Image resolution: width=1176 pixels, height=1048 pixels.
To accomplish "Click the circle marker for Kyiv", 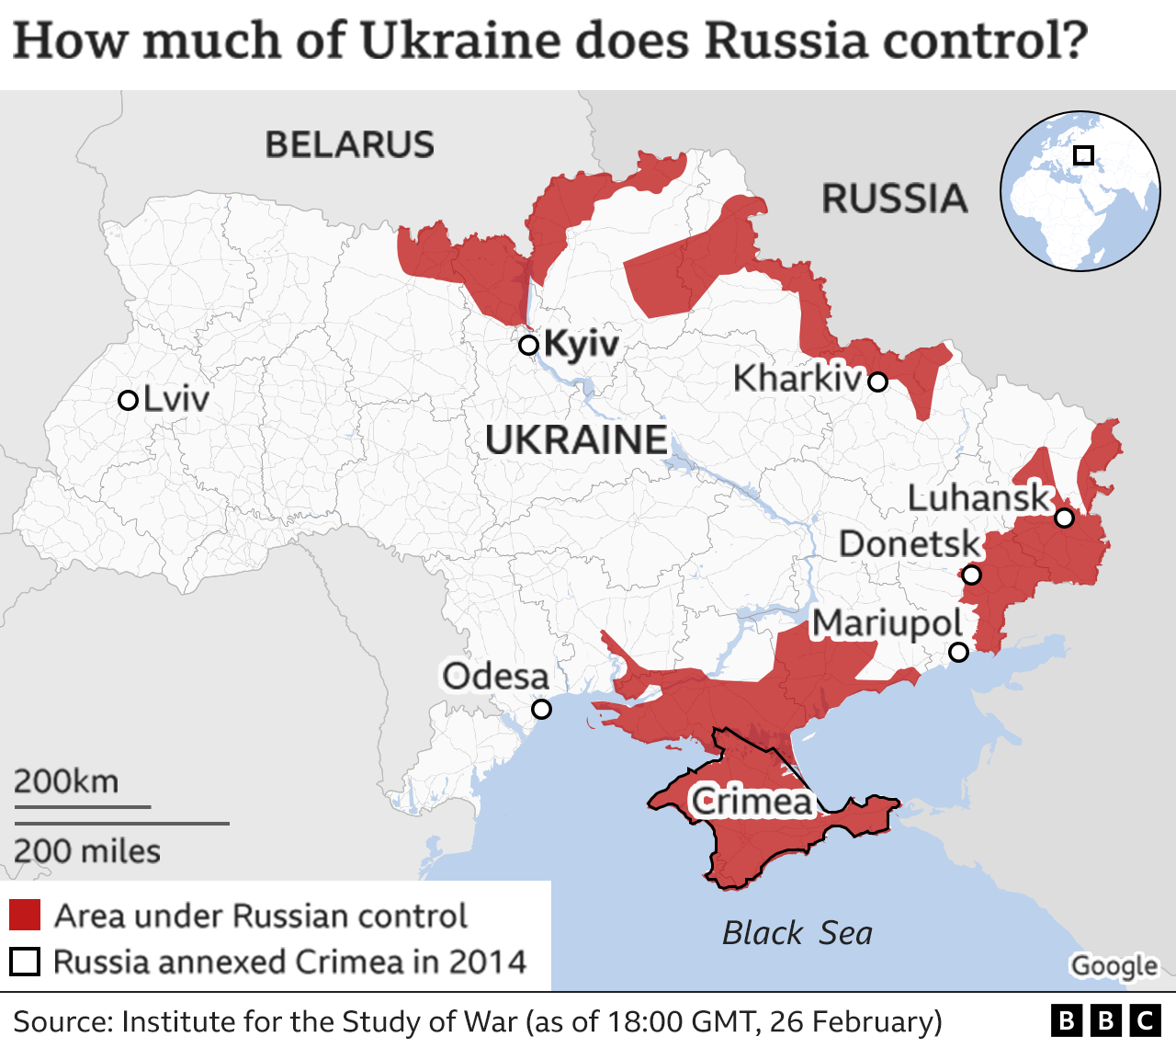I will tap(528, 346).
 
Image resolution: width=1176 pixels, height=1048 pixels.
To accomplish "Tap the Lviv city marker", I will tap(129, 401).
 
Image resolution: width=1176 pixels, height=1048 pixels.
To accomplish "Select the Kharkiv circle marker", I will tap(877, 382).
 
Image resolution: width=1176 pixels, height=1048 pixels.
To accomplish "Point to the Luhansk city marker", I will tap(1064, 518).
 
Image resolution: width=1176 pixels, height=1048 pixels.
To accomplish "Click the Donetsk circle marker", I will tap(971, 575).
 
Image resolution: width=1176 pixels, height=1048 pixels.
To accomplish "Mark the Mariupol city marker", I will tap(958, 653).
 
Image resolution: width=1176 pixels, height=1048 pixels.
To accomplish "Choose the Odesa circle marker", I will tap(542, 710).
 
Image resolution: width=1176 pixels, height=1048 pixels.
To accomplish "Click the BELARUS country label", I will tap(349, 145).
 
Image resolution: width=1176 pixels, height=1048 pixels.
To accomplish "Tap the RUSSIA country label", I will tap(894, 199).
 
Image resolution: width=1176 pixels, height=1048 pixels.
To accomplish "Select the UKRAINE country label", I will tap(576, 440).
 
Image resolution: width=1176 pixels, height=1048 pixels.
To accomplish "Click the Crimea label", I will tap(752, 802).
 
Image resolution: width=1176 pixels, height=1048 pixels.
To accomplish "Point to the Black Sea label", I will tap(797, 933).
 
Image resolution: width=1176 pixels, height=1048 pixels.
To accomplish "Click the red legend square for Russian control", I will tap(25, 916).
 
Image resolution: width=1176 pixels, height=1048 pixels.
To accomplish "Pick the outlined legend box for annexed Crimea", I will tap(25, 962).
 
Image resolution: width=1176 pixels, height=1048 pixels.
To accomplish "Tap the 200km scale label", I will tap(66, 781).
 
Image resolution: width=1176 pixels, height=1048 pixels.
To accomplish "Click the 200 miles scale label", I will tap(87, 851).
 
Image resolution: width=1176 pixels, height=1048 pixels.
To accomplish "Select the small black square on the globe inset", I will tap(1084, 155).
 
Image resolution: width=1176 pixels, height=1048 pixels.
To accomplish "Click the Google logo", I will tap(1114, 966).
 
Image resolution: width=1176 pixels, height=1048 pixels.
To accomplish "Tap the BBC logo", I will tap(1106, 1021).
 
